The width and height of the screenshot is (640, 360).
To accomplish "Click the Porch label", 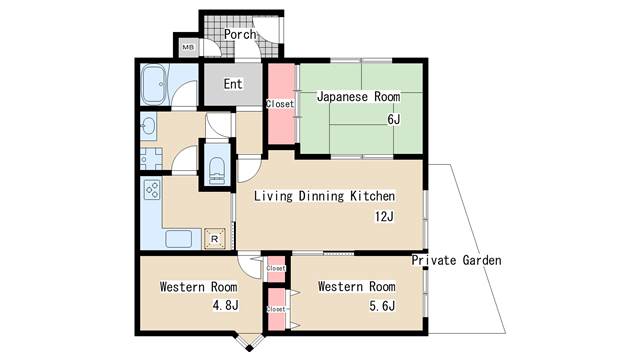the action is coord(240,34).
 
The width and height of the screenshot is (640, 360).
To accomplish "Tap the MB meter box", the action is coord(188,47).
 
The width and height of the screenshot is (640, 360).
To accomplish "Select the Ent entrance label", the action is coord(233,84).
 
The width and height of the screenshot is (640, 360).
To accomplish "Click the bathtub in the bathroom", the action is coord(153,84).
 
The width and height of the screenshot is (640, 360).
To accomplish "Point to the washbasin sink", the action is coord(148,126).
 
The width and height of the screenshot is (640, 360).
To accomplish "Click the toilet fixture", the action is coord(216,170).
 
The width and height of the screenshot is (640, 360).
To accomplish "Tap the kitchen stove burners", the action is coord(152,190).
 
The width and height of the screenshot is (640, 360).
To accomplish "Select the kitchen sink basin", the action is coord(179,239).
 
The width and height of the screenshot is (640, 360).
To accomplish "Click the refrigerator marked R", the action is coord(214,239).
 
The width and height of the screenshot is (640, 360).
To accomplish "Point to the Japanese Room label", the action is coord(358,97).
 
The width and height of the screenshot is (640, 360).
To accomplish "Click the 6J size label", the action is coord(393,119).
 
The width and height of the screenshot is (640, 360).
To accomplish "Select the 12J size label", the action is coord(384,216).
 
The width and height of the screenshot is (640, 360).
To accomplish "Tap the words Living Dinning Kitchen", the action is coord(324,196).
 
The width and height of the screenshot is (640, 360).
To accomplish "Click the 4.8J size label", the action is coord(225,305).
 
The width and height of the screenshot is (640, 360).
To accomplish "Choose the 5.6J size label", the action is coord(382,306).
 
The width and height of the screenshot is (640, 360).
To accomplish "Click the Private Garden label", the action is coord(456,260).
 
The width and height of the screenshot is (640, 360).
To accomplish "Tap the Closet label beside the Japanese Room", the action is coord(280,104).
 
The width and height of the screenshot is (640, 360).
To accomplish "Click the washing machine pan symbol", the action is coord(151,158).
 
